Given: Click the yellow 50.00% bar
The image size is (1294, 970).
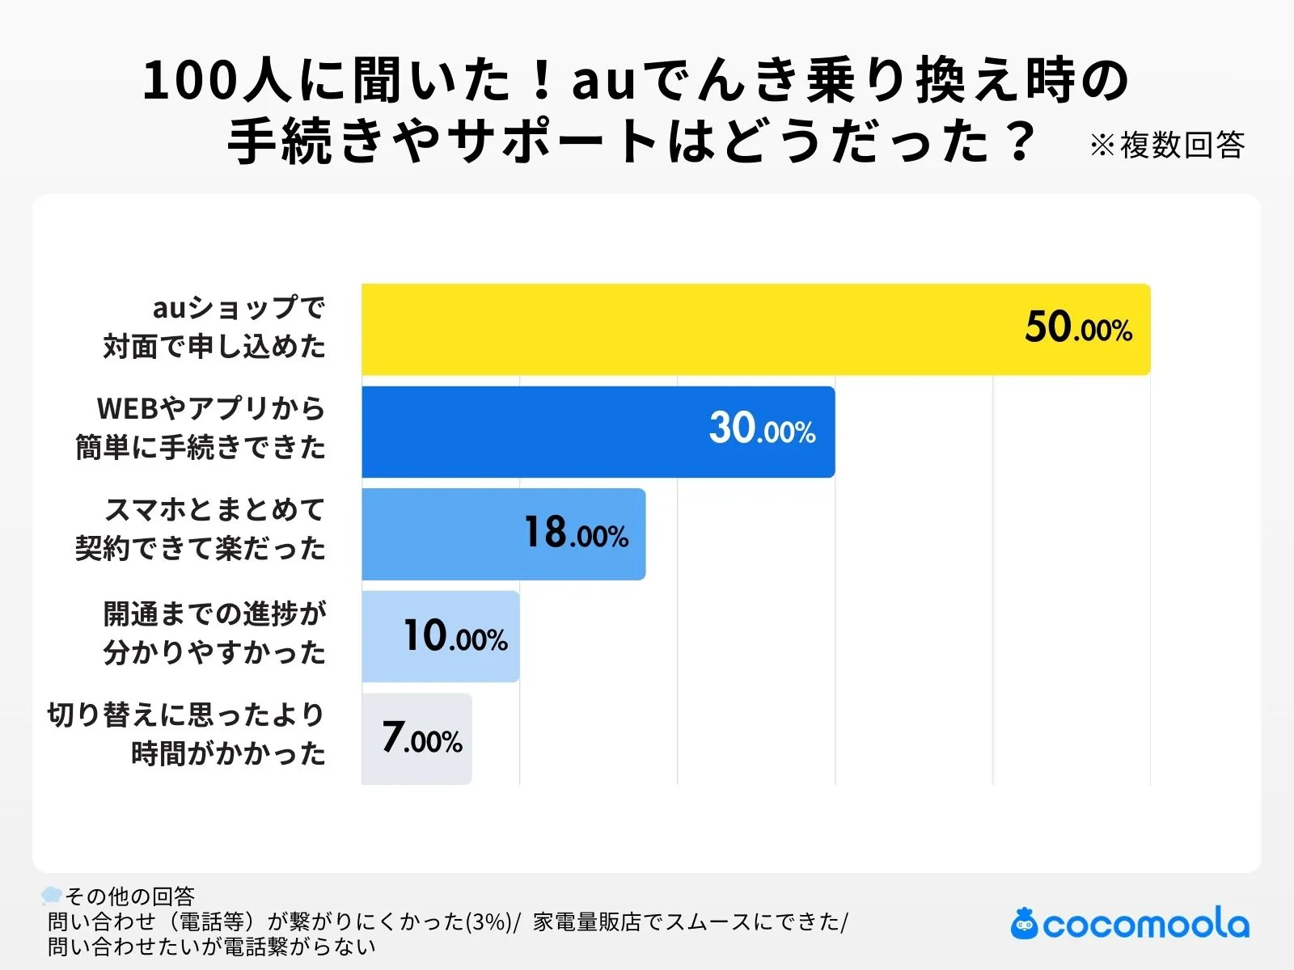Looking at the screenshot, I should coord(687,329).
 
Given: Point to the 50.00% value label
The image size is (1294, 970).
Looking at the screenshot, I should coord(1078,328).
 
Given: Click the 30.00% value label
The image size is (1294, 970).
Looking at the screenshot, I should coord(762,429).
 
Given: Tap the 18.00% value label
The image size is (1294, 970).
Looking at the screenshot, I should coord(576,533).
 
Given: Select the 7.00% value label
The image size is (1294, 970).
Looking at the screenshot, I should coord(422,738).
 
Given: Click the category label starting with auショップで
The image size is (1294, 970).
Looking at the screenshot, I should coord(215,327).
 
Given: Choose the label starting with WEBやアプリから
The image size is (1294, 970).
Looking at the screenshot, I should coord(201,428).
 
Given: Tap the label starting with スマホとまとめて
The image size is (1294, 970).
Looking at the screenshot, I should coord(201,530).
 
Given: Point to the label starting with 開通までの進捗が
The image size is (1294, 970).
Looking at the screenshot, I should coord(215,633).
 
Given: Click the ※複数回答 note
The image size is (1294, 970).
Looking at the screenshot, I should coord(1166,145).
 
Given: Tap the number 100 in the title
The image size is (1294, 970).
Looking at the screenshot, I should coord(191,81).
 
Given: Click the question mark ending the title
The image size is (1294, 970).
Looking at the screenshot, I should coord(1021,141).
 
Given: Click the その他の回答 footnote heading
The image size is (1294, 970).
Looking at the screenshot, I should coord(129,896).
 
